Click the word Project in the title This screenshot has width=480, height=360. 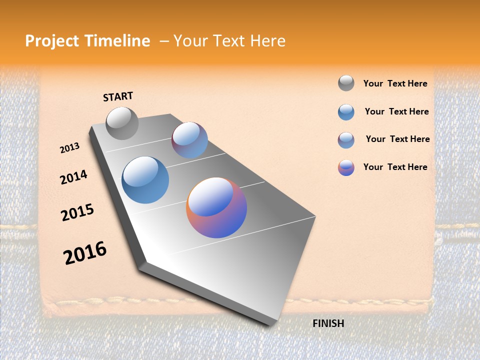click(52, 41)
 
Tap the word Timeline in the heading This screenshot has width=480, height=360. click(117, 41)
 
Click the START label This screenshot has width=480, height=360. click(118, 96)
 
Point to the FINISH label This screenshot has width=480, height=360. click(328, 323)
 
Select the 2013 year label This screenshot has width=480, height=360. click(69, 148)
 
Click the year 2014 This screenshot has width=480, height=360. click(73, 177)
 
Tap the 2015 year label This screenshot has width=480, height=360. click(77, 212)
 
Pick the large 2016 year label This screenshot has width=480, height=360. click(85, 253)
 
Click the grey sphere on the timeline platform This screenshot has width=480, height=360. click(122, 123)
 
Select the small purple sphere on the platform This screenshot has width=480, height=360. click(189, 140)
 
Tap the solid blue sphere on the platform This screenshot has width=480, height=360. click(145, 180)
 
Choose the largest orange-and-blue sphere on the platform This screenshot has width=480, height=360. click(216, 207)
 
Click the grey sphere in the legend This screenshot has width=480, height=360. click(346, 83)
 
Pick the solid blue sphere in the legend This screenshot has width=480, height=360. click(346, 112)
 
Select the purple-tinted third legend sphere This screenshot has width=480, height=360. click(346, 140)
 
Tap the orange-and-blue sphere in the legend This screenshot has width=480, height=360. click(346, 167)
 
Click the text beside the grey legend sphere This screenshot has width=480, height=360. click(395, 84)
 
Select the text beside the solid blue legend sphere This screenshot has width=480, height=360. click(396, 111)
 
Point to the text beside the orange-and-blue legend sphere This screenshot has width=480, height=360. click(395, 167)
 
